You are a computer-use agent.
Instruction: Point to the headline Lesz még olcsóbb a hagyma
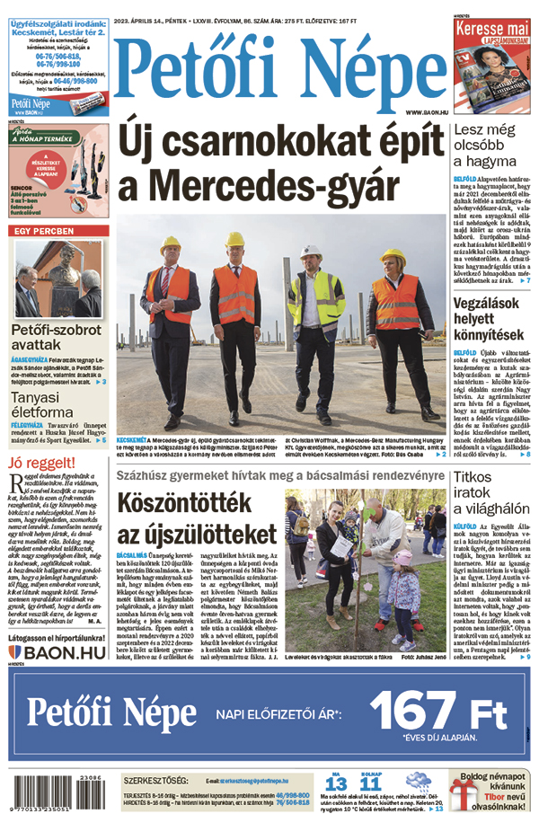click(x=492, y=147)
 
